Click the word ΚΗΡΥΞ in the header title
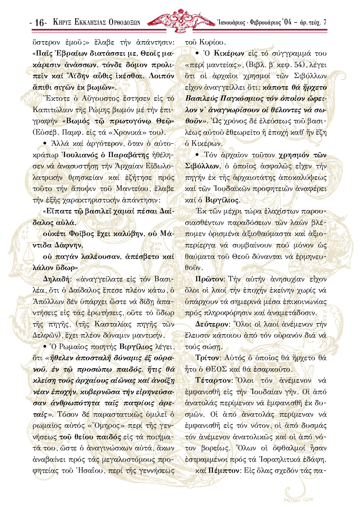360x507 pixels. click(62, 23)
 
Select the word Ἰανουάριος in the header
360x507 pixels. click(230, 23)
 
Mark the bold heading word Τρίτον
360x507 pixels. click(207, 358)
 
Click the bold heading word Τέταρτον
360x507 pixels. click(212, 380)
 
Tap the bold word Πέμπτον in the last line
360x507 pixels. click(223, 471)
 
